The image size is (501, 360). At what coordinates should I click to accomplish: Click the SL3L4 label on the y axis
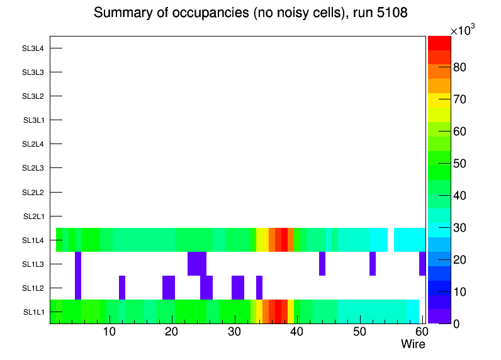(x=33, y=48)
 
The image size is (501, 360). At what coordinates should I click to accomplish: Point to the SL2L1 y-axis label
(x=33, y=217)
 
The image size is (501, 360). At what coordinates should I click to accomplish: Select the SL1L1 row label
(x=33, y=312)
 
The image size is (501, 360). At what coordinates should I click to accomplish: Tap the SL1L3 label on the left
(x=33, y=264)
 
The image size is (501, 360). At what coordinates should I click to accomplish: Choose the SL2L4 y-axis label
(x=33, y=144)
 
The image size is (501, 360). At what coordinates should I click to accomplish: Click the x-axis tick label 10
(x=109, y=332)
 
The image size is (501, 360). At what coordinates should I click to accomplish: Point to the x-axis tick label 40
(x=296, y=332)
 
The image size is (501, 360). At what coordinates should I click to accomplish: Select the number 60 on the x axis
(x=420, y=332)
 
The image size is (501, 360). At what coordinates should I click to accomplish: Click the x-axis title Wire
(x=413, y=344)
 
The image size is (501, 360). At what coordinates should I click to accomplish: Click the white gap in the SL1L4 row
(x=391, y=240)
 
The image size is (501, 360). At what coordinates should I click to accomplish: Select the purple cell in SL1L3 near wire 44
(x=322, y=264)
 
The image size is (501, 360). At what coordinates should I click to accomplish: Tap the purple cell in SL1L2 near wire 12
(x=122, y=288)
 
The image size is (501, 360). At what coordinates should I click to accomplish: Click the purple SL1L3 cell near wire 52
(x=373, y=264)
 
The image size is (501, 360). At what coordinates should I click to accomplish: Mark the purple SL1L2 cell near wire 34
(x=259, y=288)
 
